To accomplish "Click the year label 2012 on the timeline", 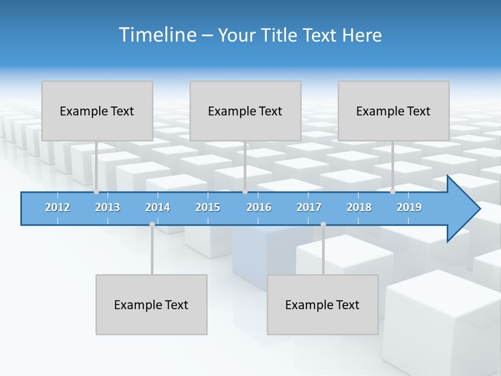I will [57, 207].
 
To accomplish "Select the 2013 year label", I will [108, 207].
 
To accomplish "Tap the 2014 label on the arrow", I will [158, 207].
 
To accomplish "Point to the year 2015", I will [208, 207].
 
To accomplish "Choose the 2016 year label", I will [259, 207].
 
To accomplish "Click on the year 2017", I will [309, 207].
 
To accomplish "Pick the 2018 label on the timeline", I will [359, 207].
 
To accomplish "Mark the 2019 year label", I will [409, 207].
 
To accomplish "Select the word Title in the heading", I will [282, 35].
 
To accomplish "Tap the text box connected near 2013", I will [97, 111].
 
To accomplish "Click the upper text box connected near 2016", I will [245, 111].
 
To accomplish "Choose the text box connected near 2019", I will [393, 111].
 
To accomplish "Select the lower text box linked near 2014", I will [151, 304].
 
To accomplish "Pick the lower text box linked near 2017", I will [323, 304].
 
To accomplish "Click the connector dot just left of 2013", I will [97, 192].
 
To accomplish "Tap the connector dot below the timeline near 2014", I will [152, 225].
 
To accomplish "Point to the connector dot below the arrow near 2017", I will [323, 225].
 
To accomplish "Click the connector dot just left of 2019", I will [393, 192].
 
